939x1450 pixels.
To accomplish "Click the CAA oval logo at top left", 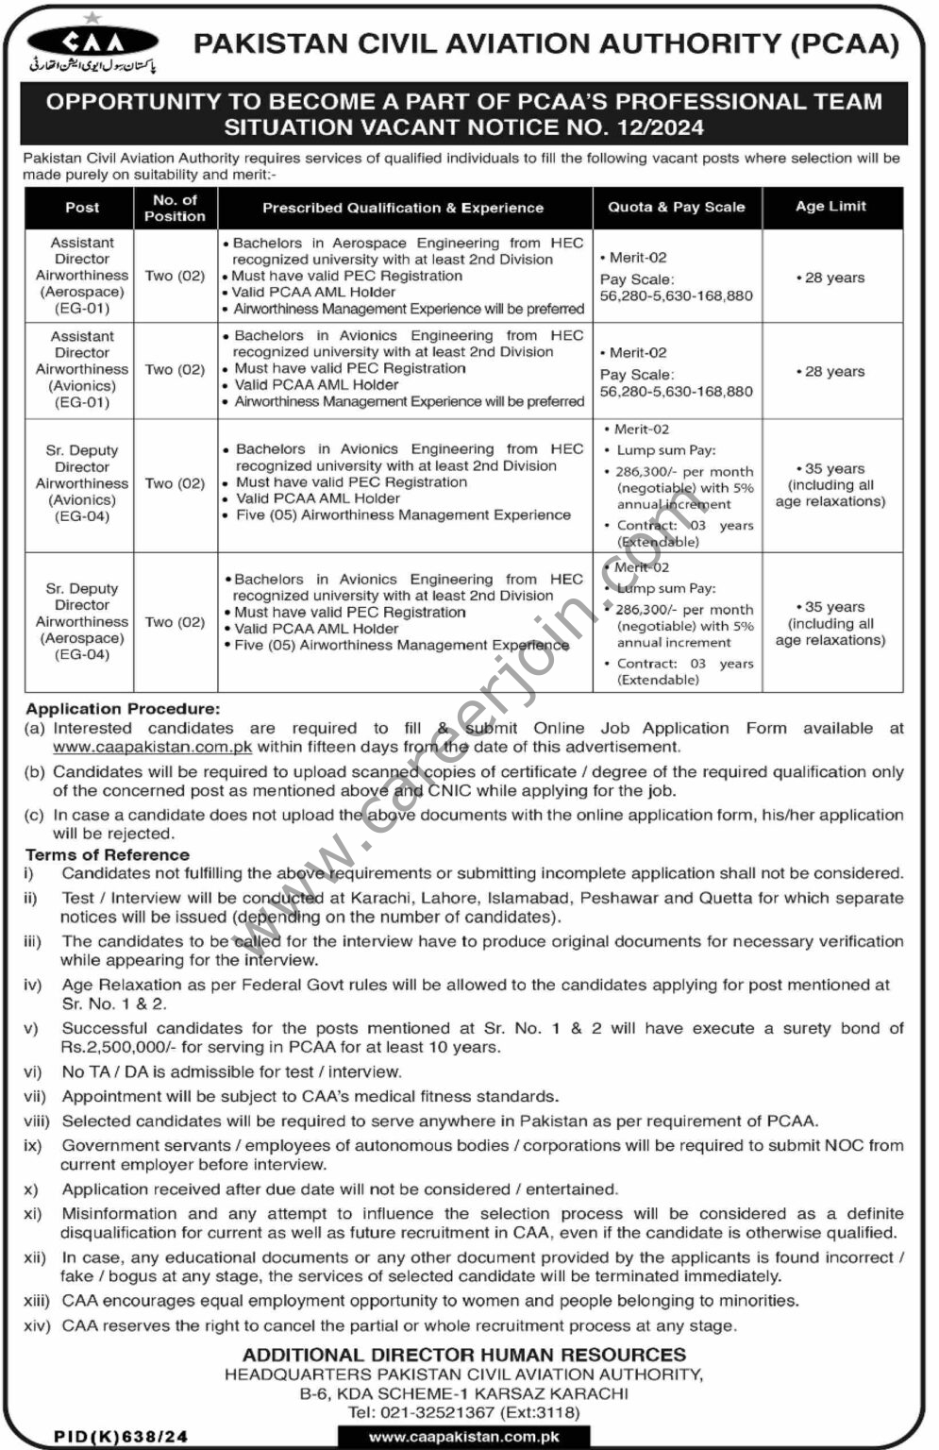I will tap(92, 41).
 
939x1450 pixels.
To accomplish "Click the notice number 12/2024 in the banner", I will tap(655, 126).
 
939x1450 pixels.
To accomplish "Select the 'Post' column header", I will tap(82, 208).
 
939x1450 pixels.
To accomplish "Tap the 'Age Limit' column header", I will tap(830, 207).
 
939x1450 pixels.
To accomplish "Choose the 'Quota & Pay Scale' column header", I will tap(677, 208).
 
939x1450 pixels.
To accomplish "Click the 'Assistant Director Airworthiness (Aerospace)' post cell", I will tap(82, 276).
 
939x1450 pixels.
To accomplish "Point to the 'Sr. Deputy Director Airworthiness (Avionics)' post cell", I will tap(82, 483).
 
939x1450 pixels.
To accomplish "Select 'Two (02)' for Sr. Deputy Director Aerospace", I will tap(175, 622).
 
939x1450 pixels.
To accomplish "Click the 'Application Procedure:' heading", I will tap(123, 709).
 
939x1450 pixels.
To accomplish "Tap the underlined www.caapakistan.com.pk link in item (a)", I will tap(152, 747).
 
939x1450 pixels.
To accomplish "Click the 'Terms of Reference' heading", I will tap(108, 855).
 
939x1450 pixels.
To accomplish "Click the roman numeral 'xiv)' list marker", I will tap(37, 1326).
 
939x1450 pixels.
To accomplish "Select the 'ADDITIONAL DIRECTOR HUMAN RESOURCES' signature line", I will tap(464, 1355).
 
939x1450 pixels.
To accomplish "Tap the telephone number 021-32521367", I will tap(435, 1412).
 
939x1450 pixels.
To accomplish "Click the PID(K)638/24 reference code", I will tap(121, 1437).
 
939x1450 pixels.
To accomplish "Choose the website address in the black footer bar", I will tap(464, 1437).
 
